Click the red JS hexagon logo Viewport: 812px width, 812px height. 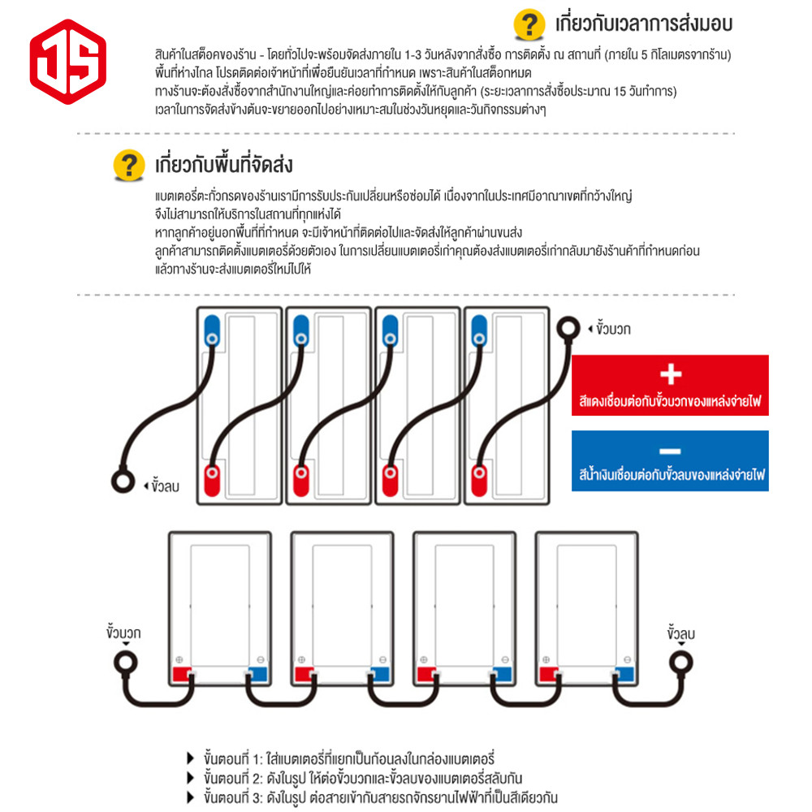68,62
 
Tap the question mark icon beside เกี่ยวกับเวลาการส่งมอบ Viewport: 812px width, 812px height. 529,24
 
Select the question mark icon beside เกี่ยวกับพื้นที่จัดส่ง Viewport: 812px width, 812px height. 129,165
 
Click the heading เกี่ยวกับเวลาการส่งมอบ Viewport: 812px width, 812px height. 644,24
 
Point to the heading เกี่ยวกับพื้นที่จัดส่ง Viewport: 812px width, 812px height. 224,165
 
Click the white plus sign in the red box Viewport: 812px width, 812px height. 671,374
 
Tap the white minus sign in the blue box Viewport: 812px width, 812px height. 670,451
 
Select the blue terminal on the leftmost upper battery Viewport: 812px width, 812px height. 212,330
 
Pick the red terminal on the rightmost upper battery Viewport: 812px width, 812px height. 479,481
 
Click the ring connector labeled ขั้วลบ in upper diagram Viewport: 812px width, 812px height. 123,481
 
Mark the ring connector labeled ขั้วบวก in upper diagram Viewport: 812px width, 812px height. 568,328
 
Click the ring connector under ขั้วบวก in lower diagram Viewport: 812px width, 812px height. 126,663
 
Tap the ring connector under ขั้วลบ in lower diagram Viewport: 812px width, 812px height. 680,663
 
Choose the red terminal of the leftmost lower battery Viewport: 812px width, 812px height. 182,674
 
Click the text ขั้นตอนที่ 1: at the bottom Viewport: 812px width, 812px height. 234,759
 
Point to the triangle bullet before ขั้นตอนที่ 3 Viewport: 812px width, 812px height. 191,797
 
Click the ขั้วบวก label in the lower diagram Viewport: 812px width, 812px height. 123,633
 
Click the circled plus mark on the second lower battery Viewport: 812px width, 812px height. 301,659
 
